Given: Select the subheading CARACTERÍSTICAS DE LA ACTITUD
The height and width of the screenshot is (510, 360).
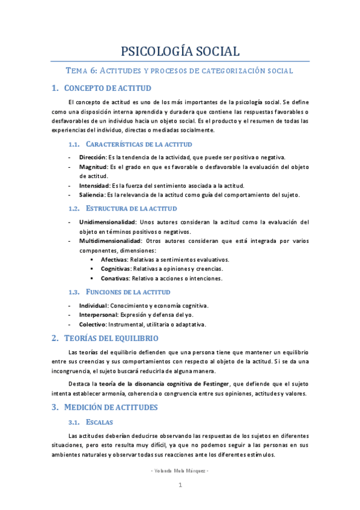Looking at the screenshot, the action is pyautogui.click(x=139, y=144).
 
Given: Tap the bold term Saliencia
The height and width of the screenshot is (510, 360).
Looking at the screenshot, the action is pyautogui.click(x=92, y=195).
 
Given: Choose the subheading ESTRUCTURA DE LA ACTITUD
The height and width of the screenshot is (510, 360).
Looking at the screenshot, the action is pyautogui.click(x=132, y=208).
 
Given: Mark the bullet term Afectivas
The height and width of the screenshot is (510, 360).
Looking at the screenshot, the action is pyautogui.click(x=114, y=260).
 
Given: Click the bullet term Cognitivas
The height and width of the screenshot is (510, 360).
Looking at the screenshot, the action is pyautogui.click(x=116, y=269).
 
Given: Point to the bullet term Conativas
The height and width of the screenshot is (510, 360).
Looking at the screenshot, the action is pyautogui.click(x=115, y=278).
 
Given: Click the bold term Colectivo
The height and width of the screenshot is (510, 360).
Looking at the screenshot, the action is pyautogui.click(x=93, y=324).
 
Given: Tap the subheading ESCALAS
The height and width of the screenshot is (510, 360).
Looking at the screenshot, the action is pyautogui.click(x=99, y=422).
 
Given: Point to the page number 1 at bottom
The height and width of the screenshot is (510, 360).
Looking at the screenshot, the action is pyautogui.click(x=180, y=485).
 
